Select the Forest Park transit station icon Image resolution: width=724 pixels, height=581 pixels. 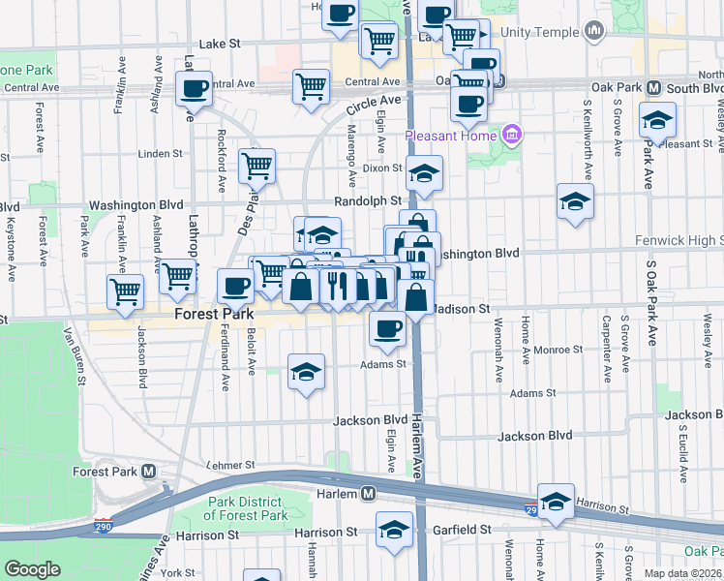point(148,472)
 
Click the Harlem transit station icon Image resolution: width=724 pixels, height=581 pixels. point(369,494)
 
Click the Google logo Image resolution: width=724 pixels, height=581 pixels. point(32,569)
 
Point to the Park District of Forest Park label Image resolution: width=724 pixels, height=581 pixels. point(248,508)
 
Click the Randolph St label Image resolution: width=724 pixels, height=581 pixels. point(368,200)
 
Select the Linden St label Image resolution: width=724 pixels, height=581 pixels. point(161,153)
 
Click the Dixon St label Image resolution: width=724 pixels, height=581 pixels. point(381,167)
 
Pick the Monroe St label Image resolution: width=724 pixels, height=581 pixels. point(558,349)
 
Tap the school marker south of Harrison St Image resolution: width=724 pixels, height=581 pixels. point(393,530)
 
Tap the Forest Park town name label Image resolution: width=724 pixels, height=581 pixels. point(214,315)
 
